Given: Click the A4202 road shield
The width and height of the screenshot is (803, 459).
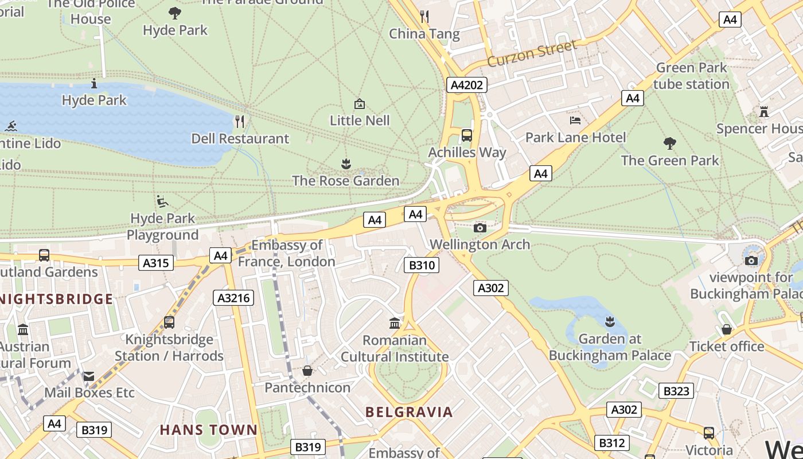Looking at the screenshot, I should pyautogui.click(x=466, y=85).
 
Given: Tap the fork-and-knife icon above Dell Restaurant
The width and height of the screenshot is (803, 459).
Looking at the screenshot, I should pyautogui.click(x=240, y=122).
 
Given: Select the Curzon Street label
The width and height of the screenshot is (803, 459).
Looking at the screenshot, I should pyautogui.click(x=532, y=54).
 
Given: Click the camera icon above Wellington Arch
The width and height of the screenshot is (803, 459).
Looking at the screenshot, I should pyautogui.click(x=480, y=228).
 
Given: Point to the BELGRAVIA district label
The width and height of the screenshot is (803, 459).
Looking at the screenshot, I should pyautogui.click(x=409, y=412).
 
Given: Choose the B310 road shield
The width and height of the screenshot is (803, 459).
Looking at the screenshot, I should pyautogui.click(x=422, y=265).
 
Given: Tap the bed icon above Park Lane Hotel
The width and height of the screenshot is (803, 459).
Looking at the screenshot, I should pyautogui.click(x=575, y=120).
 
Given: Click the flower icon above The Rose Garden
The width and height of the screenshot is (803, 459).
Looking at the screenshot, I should pyautogui.click(x=345, y=165).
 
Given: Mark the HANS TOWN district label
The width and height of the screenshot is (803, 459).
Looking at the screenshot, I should pyautogui.click(x=208, y=430).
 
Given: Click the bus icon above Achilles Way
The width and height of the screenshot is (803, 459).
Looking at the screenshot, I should pyautogui.click(x=467, y=136).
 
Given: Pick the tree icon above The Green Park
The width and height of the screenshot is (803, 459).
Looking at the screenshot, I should pyautogui.click(x=669, y=143).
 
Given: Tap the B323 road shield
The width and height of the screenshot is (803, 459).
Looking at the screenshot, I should pyautogui.click(x=676, y=391).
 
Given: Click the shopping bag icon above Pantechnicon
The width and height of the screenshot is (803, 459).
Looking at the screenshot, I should pyautogui.click(x=307, y=371).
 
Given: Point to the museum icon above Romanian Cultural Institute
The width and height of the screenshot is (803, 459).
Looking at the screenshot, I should pyautogui.click(x=394, y=324).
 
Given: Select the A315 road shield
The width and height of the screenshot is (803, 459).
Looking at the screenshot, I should pyautogui.click(x=156, y=263).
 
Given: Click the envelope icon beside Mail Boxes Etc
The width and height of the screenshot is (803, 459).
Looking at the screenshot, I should pyautogui.click(x=88, y=376).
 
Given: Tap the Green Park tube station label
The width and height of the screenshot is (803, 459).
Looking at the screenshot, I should pyautogui.click(x=691, y=76).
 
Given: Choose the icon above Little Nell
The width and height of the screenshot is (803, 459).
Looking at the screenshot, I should pyautogui.click(x=359, y=104).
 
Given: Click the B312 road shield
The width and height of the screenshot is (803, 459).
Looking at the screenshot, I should pyautogui.click(x=611, y=443).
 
